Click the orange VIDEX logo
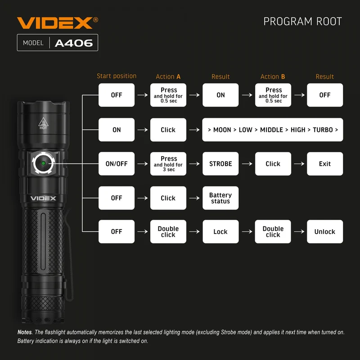click(58, 23)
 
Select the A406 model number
click(74, 43)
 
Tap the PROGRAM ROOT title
click(302, 22)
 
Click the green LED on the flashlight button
click(43, 163)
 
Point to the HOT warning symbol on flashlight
click(43, 123)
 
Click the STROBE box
click(220, 164)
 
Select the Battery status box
click(220, 198)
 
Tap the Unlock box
click(325, 232)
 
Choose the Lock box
click(220, 232)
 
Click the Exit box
click(325, 164)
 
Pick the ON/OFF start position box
click(117, 164)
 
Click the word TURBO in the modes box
click(323, 130)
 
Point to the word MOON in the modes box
click(222, 130)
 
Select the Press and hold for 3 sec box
click(168, 164)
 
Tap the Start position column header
click(117, 76)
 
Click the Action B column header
click(273, 76)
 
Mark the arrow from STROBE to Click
click(247, 164)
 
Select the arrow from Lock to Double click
click(247, 232)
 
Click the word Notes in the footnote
click(25, 332)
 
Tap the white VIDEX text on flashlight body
click(43, 198)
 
